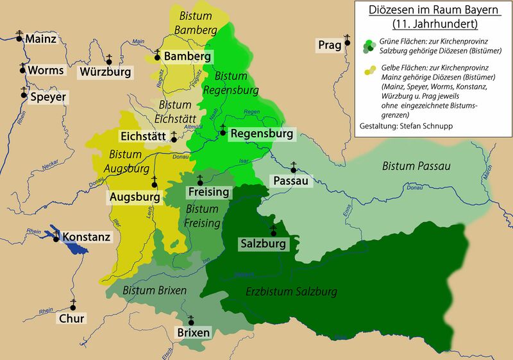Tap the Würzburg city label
[105, 73]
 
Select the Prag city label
[330, 46]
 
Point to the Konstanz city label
[86, 237]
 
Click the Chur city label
[71, 318]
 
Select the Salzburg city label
[263, 244]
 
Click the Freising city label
[208, 192]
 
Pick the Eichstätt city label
[144, 136]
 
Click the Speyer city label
[48, 98]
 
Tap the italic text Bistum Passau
[416, 166]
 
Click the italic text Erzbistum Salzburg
[292, 292]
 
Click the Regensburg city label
[262, 134]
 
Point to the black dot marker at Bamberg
[156, 57]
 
